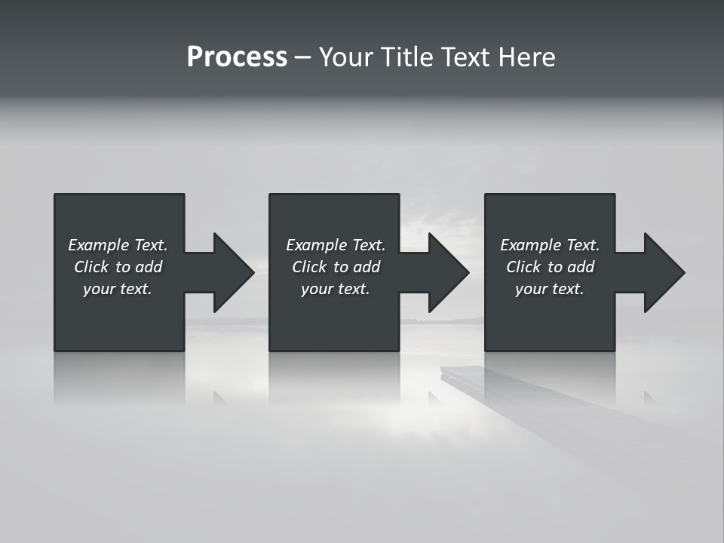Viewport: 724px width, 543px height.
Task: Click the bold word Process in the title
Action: (237, 57)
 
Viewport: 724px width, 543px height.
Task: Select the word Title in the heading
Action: (406, 57)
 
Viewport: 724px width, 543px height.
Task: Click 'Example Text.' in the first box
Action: (118, 245)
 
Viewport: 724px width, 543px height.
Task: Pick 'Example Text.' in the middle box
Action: (336, 245)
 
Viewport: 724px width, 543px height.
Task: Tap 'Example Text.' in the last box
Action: (550, 245)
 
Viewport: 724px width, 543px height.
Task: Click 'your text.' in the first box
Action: (118, 289)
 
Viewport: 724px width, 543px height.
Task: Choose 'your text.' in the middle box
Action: (336, 289)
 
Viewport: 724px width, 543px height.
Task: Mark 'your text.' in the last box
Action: (550, 289)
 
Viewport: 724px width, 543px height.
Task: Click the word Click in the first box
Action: (91, 267)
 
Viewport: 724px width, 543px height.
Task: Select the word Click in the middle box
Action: (309, 267)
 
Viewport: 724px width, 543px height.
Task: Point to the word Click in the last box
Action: (523, 267)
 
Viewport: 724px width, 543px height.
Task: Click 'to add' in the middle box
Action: (357, 267)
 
